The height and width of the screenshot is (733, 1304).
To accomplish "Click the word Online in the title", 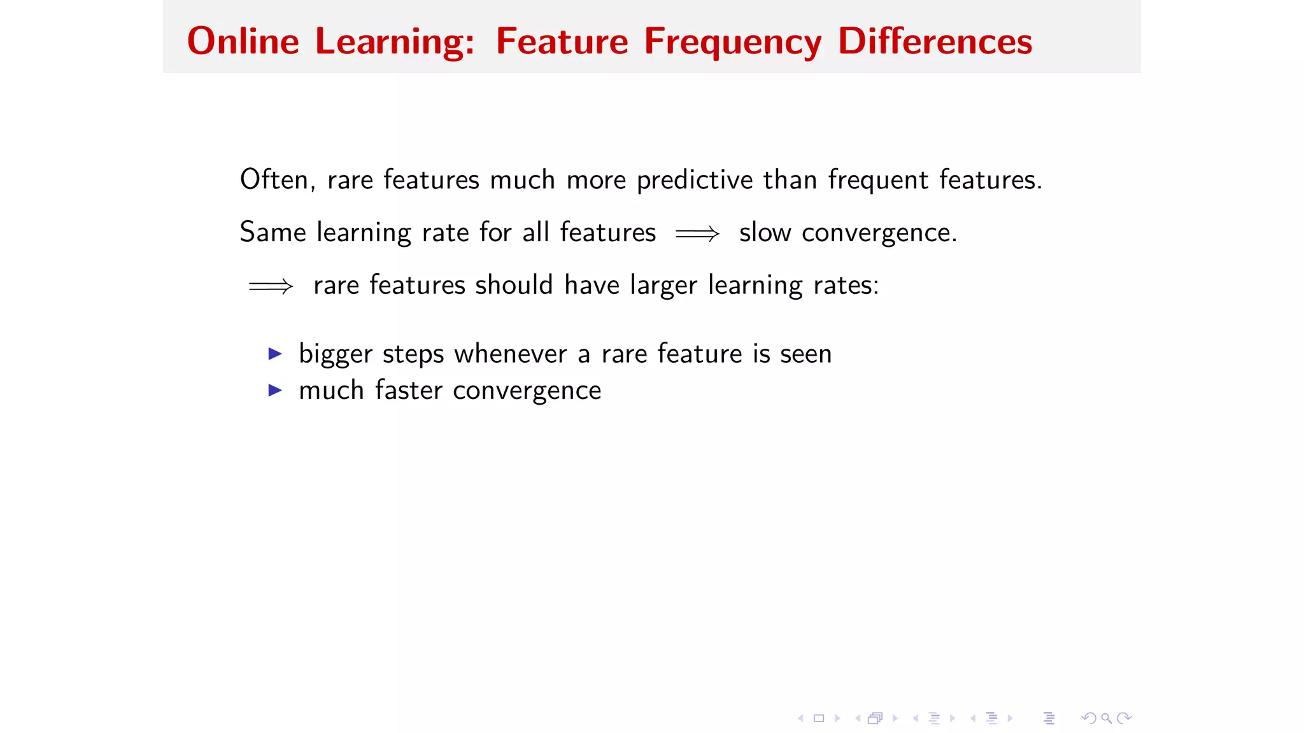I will click(x=243, y=41).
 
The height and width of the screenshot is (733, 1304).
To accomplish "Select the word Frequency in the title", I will click(x=732, y=43).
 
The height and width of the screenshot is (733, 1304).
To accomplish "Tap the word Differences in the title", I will click(x=934, y=41).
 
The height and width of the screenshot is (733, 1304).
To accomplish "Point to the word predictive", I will click(x=695, y=181).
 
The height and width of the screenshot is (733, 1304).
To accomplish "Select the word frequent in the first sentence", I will click(x=878, y=181).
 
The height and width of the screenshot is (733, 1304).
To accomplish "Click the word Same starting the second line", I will click(x=273, y=232).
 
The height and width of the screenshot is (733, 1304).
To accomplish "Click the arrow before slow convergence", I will click(x=697, y=234).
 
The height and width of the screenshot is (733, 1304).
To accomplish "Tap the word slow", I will click(x=765, y=232).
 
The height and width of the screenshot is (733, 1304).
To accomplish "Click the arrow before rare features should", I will click(x=271, y=286).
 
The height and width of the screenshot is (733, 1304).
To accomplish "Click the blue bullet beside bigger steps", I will click(x=275, y=353).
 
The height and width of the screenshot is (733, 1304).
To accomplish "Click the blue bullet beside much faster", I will click(x=275, y=390).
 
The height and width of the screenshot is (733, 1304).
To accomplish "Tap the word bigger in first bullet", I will click(x=335, y=354).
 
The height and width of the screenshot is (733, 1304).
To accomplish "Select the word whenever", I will click(x=510, y=353).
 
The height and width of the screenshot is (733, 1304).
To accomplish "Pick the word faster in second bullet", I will click(x=408, y=390).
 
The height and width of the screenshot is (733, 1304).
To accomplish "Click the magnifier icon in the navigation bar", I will click(x=1107, y=718).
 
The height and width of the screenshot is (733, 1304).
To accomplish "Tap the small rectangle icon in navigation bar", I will click(x=819, y=718).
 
